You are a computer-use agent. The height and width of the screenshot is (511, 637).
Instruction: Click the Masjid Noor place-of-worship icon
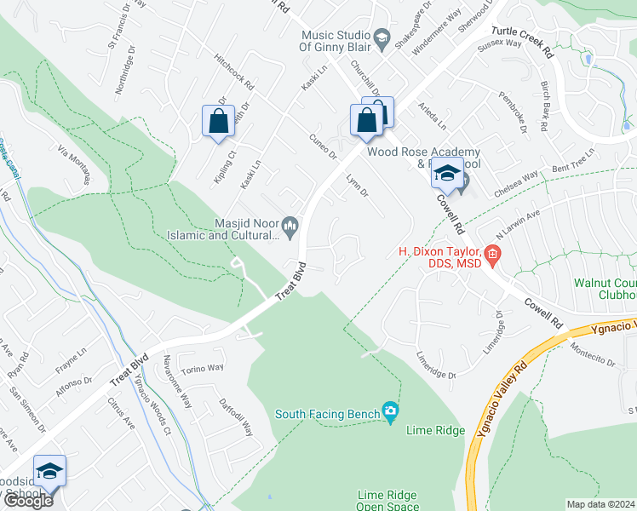pos(290,224)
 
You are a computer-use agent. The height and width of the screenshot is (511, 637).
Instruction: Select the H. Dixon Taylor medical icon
pos(492,253)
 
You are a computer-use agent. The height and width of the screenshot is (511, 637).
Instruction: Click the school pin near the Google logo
pos(50,471)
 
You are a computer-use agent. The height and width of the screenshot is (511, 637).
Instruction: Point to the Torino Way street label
pos(202,369)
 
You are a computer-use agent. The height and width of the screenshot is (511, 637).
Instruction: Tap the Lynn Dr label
pos(357,187)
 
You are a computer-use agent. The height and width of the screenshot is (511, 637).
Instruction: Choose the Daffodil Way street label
pos(238,416)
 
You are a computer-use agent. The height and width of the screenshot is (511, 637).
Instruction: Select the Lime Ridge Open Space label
pos(393,501)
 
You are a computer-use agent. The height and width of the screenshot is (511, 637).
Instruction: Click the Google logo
pos(28,500)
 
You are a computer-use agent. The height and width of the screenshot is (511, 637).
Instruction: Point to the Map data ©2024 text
pos(600,504)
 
